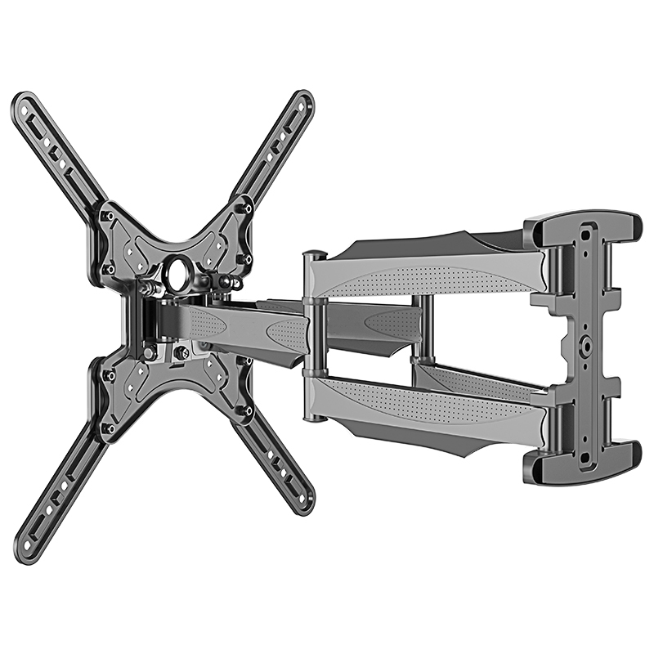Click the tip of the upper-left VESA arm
tap(22, 101)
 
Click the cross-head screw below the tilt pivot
tap(181, 352)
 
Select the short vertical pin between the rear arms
tap(417, 327)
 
